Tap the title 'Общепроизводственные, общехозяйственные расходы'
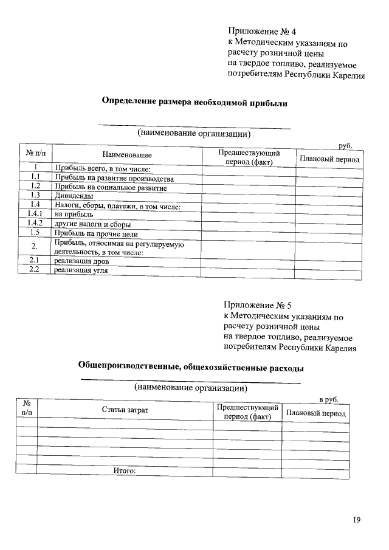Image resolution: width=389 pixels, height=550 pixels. click(x=191, y=367)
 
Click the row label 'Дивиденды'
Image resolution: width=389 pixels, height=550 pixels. click(x=74, y=196)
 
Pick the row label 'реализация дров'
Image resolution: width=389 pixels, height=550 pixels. click(x=81, y=261)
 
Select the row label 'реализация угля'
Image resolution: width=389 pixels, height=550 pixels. click(x=81, y=271)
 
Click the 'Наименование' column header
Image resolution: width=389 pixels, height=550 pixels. click(x=126, y=156)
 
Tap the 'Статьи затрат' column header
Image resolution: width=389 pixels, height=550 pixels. click(x=125, y=410)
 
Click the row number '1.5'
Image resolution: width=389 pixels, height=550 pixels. click(x=35, y=233)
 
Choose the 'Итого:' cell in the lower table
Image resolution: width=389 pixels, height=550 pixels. click(x=124, y=470)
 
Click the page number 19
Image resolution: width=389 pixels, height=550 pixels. click(x=357, y=520)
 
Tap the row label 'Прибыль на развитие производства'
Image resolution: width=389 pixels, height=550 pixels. click(x=114, y=179)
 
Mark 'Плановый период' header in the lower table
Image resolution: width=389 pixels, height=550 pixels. click(x=315, y=413)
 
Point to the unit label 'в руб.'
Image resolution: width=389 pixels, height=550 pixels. click(x=329, y=399)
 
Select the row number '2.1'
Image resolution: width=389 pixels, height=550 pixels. click(x=35, y=261)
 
